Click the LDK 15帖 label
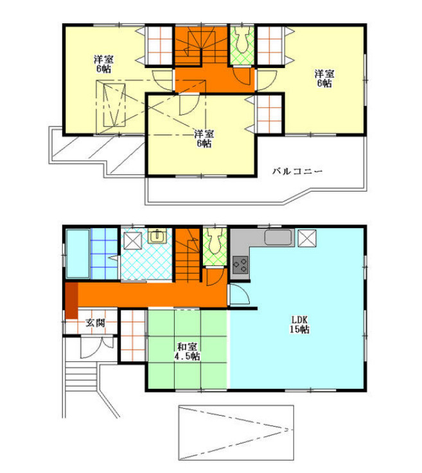tap(299, 325)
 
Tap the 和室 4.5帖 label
tap(187, 352)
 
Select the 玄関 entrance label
tap(95, 323)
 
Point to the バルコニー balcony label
tap(297, 172)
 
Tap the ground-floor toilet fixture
tap(215, 241)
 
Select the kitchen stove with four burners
tap(240, 265)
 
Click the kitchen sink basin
tap(278, 238)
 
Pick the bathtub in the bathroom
tap(78, 254)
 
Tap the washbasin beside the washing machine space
tap(157, 236)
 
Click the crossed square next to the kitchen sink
tap(307, 238)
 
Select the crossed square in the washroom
tap(132, 241)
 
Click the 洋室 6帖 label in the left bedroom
tap(103, 64)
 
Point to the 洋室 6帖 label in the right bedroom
tap(324, 78)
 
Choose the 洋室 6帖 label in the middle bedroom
tap(204, 139)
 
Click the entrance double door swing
tap(96, 347)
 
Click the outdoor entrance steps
tap(81, 377)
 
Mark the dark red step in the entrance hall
tap(72, 301)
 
